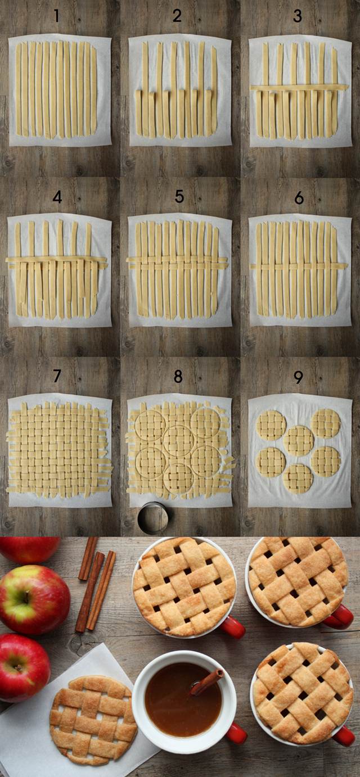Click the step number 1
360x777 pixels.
tap(56, 16)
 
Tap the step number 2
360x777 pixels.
tap(177, 16)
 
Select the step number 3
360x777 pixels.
tap(298, 16)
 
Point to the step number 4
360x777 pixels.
tap(57, 197)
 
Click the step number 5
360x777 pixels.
tap(179, 196)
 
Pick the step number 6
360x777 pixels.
tap(299, 197)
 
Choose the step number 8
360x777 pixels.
tap(178, 376)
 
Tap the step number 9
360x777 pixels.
tap(298, 376)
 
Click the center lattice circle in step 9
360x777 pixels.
tap(298, 440)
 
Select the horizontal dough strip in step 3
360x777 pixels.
tap(298, 88)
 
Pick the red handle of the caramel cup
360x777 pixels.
tap(236, 733)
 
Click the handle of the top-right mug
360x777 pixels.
tap(340, 617)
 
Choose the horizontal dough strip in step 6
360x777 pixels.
tap(299, 266)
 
